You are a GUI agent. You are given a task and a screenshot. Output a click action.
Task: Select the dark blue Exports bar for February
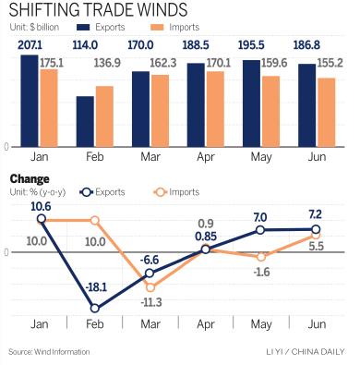85,120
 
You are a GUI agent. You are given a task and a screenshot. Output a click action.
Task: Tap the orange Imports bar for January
49,107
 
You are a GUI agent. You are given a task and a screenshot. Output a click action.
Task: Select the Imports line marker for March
150,287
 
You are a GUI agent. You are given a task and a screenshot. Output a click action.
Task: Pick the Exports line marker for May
261,229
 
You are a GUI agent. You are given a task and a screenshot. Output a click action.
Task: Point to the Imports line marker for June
317,236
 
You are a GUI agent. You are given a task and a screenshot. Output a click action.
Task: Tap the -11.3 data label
150,303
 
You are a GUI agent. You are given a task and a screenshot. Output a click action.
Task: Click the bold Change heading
29,178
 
